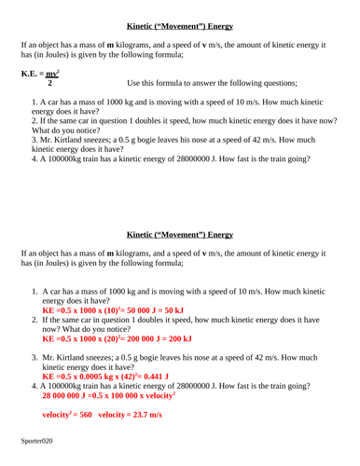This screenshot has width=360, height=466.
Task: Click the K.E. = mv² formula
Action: pyautogui.click(x=38, y=72)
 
